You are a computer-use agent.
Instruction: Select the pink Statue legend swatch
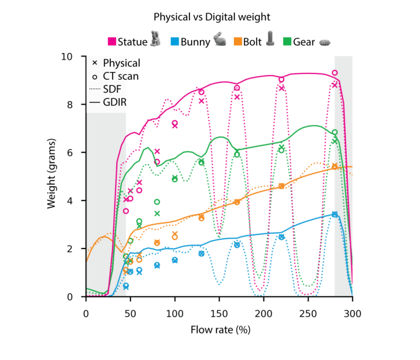click(113, 42)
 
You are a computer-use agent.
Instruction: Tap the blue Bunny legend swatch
click(174, 42)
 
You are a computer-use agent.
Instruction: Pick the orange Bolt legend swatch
click(237, 42)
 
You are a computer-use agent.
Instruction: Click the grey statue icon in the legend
click(155, 39)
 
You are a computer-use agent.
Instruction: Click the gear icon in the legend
click(325, 42)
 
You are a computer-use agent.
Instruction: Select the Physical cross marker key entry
click(94, 63)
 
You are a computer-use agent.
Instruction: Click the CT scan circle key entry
click(94, 76)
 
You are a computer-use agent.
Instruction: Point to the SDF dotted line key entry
click(94, 89)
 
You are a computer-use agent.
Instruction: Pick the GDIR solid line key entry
click(94, 102)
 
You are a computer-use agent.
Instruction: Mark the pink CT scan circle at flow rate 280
click(334, 73)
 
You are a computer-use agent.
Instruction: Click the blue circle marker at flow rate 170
click(237, 245)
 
